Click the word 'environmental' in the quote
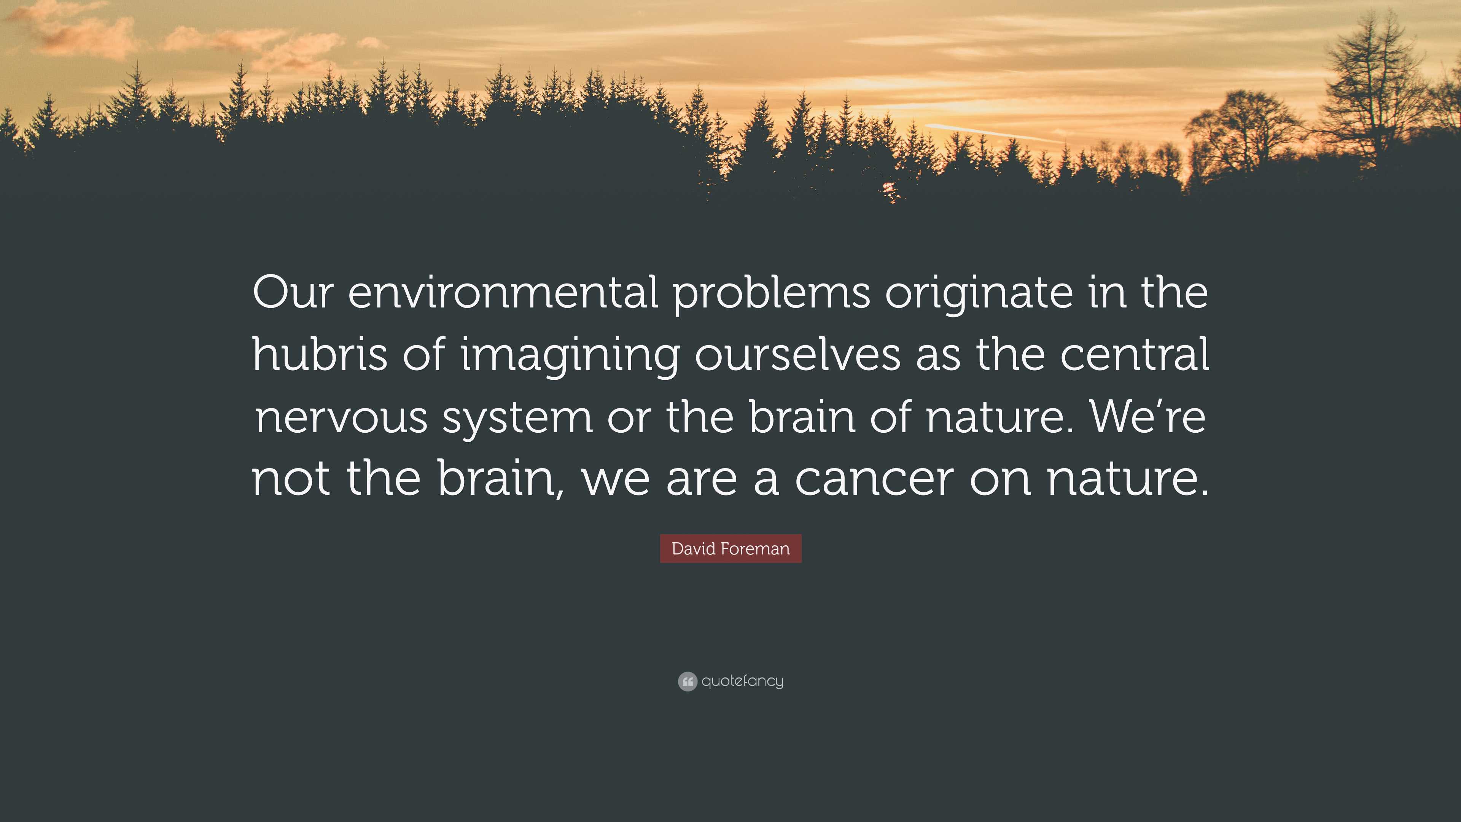point(503,293)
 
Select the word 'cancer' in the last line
point(874,478)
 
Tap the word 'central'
point(1134,354)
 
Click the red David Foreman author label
point(730,548)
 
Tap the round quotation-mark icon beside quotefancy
point(688,681)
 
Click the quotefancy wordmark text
point(742,681)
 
